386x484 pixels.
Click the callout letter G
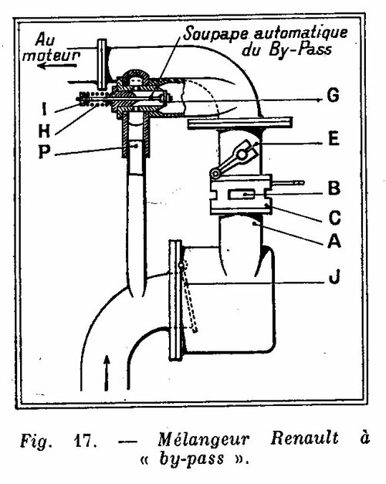pos(334,95)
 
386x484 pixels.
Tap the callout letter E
pos(334,138)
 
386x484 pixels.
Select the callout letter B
pos(334,188)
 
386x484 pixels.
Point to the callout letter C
pos(334,218)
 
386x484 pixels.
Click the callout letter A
pos(334,241)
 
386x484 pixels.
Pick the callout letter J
pos(334,276)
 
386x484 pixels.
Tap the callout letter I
pos(44,109)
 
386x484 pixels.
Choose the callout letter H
pos(44,131)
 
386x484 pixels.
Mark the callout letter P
pos(44,151)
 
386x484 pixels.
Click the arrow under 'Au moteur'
pos(57,66)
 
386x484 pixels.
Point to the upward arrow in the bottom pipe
pos(107,373)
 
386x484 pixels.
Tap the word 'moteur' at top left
pos(51,56)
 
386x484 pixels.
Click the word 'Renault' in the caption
pos(304,438)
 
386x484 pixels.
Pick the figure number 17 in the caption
pos(84,441)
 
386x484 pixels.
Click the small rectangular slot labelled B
pos(241,195)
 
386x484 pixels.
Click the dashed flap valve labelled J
pos(188,297)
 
